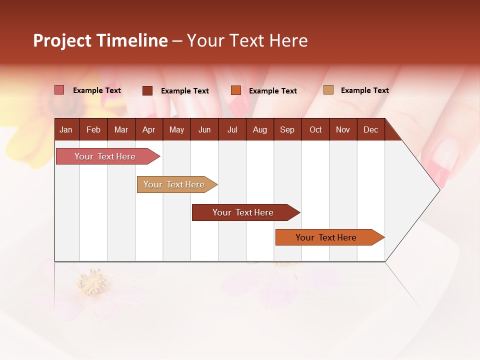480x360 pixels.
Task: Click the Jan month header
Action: coord(66,130)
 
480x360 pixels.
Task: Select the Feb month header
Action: coord(93,130)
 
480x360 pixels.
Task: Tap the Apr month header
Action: coord(148,130)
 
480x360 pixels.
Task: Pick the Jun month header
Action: coord(204,130)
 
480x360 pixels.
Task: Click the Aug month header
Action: coord(259,130)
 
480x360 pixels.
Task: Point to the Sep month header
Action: coord(287,130)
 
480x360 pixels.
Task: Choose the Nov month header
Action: coord(342,130)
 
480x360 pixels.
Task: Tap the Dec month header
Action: coord(370,130)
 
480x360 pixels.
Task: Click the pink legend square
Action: coord(59,90)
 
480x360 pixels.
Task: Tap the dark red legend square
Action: coord(147,90)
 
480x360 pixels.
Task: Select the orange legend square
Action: coord(236,90)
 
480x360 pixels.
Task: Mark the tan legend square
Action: coord(328,90)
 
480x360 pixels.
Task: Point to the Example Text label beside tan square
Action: coord(364,90)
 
